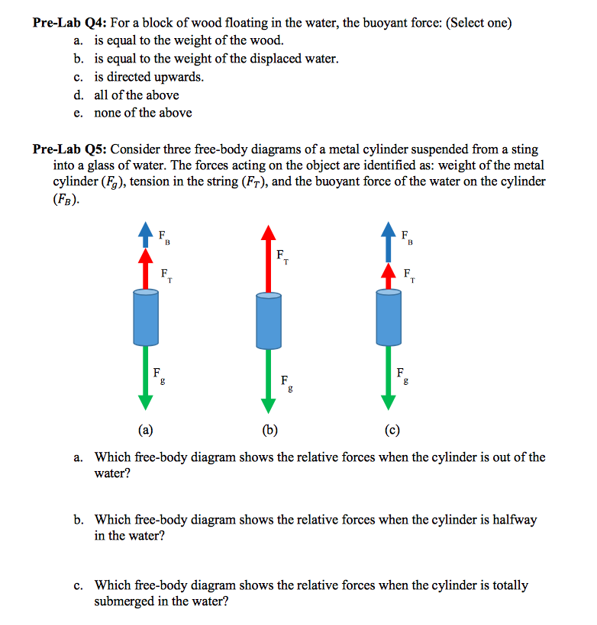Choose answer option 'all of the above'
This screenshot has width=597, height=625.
pos(137,95)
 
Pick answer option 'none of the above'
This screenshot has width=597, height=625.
pos(143,113)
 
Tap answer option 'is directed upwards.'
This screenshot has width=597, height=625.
pos(149,77)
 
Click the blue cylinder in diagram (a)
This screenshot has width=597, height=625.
pos(146,318)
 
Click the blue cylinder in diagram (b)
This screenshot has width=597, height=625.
pos(267,323)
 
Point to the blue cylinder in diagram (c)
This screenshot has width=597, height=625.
pos(389,317)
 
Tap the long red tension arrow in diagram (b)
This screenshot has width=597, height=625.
pos(267,259)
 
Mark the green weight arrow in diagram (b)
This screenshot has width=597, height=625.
pos(267,384)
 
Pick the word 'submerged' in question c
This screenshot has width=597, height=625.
pos(124,601)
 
